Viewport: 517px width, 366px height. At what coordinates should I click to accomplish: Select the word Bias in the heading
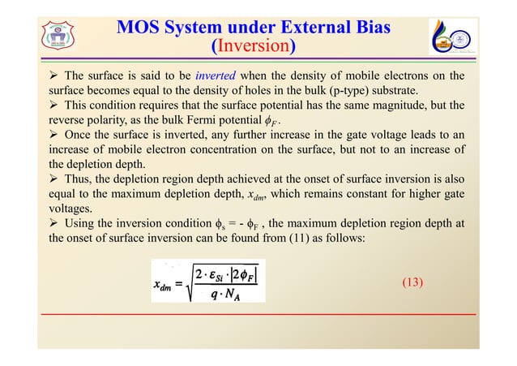coord(364,28)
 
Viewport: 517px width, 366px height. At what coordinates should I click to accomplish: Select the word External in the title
coord(287,28)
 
